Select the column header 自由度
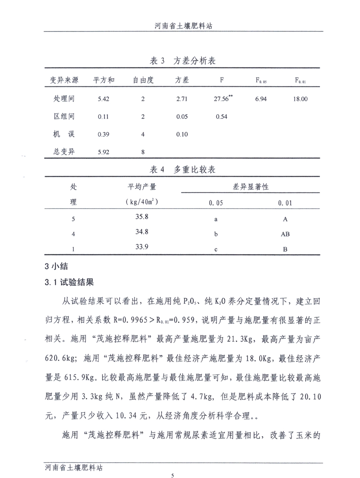point(143,80)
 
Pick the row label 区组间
point(64,116)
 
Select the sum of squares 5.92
point(103,152)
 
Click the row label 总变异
point(64,152)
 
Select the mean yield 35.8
point(142,217)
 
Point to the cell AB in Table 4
point(285,234)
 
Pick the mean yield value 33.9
point(142,247)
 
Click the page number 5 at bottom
point(173,474)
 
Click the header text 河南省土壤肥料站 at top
point(183,27)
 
